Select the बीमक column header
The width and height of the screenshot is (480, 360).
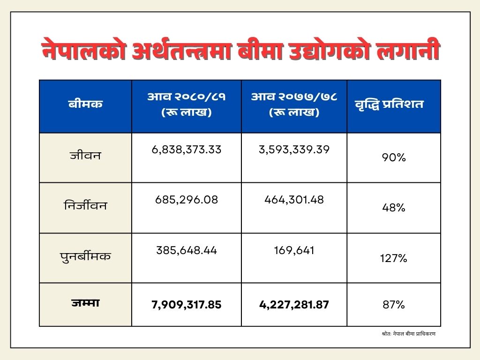[85, 104]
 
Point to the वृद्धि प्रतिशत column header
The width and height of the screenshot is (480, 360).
[389, 104]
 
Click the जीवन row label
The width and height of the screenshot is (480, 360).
[85, 155]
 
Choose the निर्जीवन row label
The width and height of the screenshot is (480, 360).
[85, 205]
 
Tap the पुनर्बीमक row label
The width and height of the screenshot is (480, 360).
[85, 256]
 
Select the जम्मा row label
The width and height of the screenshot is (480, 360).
[85, 303]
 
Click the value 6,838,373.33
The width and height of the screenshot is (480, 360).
[187, 150]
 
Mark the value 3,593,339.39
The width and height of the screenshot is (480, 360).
[294, 150]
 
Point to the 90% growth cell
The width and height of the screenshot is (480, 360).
[393, 158]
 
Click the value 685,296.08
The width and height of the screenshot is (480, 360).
[187, 200]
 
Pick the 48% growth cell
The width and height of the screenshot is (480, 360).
[393, 208]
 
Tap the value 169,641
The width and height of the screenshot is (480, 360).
[294, 250]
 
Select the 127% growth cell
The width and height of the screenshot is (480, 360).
[393, 258]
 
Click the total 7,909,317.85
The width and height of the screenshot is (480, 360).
[187, 305]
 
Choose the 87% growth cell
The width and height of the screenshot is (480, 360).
[393, 305]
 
